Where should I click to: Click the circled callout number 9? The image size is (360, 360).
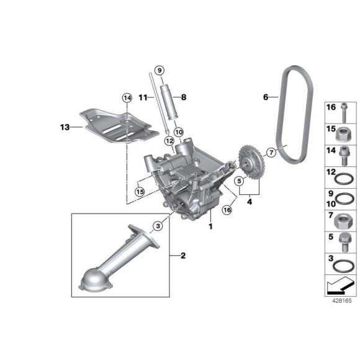[x=160, y=70]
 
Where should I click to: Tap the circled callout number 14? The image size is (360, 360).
[x=127, y=98]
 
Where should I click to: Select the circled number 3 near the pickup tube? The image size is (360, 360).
[x=158, y=226]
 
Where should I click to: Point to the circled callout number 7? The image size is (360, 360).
[x=271, y=152]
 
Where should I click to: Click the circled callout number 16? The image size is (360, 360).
[x=227, y=210]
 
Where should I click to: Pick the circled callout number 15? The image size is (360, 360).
[x=140, y=191]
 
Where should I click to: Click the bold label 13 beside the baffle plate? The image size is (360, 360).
[x=65, y=127]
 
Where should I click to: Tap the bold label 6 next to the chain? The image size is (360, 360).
[x=266, y=97]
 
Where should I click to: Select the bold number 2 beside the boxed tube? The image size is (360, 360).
[x=183, y=255]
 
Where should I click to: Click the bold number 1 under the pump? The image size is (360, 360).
[x=210, y=227]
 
